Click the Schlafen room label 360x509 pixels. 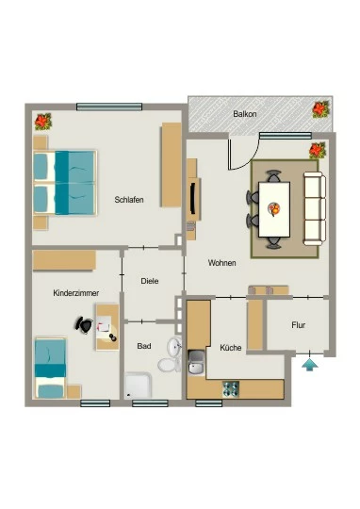tap(129, 199)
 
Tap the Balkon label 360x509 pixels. tap(245, 114)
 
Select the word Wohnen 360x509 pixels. tap(221, 262)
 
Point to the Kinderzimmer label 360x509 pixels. tap(76, 293)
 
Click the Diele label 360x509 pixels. tap(150, 281)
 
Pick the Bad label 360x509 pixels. tap(144, 346)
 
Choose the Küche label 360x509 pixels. tap(231, 348)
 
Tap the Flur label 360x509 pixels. tap(298, 325)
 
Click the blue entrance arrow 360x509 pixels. tap(310, 364)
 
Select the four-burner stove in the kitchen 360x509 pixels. tap(231, 389)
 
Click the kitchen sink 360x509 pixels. tap(196, 363)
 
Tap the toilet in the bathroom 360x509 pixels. tap(170, 365)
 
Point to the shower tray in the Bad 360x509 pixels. tap(139, 386)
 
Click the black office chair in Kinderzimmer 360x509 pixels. tap(84, 324)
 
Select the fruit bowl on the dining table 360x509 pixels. tap(274, 209)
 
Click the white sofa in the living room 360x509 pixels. tap(314, 208)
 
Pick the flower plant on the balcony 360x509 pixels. tap(321, 109)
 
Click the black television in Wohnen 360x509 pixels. tap(193, 198)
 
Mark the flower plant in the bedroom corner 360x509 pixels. tap(43, 122)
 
